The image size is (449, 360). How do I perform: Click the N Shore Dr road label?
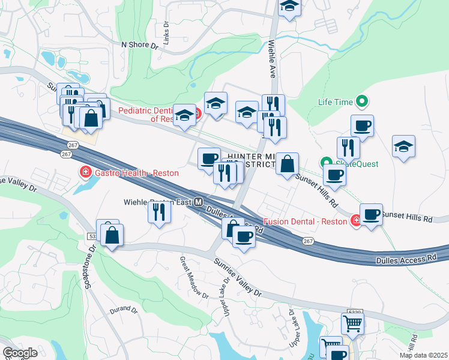click(139, 44)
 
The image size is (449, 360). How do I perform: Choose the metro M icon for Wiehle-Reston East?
click(198, 202)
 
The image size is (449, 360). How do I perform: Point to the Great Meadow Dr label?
click(193, 278)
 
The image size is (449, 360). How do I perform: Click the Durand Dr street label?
click(124, 311)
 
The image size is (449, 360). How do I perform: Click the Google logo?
click(20, 353)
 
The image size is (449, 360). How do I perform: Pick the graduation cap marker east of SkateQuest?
click(404, 146)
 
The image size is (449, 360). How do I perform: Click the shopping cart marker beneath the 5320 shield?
click(352, 324)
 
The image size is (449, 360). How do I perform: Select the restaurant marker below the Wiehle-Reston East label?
click(159, 212)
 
